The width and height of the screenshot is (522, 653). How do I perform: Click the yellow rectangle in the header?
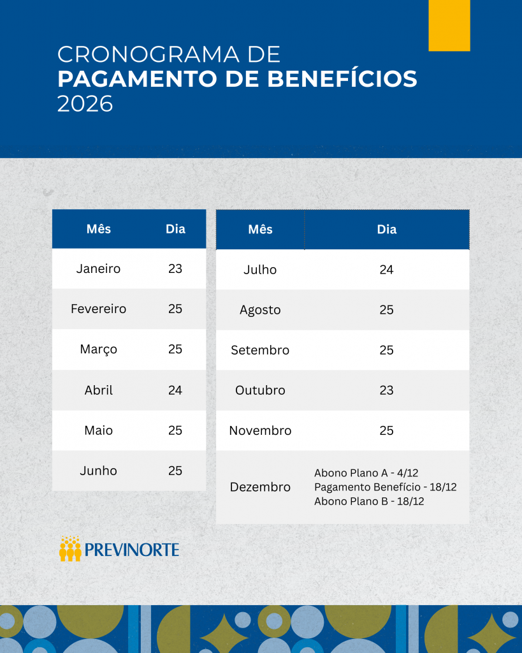449,25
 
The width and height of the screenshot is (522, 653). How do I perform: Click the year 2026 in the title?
85,103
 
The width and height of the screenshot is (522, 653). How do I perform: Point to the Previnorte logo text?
132,550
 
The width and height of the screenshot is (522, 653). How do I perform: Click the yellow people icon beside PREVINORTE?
70,548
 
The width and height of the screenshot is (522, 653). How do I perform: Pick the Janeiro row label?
98,268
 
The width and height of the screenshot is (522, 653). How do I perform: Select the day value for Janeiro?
175,268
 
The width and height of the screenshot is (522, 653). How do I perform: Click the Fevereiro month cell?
98,309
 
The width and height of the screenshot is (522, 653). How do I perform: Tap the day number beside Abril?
175,390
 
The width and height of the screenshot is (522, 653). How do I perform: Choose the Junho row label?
98,471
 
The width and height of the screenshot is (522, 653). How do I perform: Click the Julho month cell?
260,270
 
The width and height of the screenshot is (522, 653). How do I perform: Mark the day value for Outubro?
386,390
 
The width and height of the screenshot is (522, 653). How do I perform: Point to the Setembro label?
260,350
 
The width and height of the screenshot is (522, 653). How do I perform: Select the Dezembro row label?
260,487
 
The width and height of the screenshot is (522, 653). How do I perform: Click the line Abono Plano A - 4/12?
366,473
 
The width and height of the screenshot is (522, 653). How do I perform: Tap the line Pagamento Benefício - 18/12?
385,487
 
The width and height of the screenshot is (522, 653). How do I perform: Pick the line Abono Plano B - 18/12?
369,501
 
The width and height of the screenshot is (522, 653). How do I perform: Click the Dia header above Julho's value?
386,230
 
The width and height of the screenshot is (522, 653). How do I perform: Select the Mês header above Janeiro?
98,228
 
